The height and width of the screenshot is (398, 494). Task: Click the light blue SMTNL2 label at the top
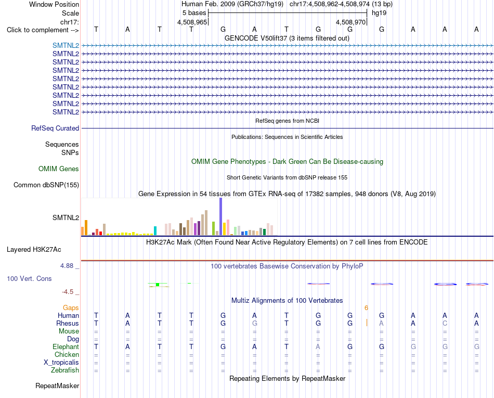(66, 45)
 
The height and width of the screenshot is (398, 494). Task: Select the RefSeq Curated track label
(55, 129)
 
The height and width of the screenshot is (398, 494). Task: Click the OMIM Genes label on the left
(59, 169)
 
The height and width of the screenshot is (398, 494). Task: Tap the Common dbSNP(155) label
(46, 185)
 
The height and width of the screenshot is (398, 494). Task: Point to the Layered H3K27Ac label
(34, 250)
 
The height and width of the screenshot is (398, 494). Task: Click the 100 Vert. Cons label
(29, 278)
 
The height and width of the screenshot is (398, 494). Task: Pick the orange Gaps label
(71, 307)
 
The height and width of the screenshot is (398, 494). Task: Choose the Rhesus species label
(68, 323)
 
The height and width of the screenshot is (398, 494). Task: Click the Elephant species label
(66, 346)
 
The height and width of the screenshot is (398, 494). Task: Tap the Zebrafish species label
(65, 370)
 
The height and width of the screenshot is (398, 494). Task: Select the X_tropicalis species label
(61, 363)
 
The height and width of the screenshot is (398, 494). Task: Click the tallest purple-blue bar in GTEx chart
(221, 216)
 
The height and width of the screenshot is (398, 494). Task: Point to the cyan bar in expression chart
(155, 230)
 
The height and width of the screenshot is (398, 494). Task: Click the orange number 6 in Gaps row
(366, 307)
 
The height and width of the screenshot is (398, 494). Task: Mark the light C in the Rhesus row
(445, 323)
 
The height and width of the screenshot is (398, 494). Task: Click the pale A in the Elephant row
(318, 346)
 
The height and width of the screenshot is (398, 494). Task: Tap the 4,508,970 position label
(350, 22)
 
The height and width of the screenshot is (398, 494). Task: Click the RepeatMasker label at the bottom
(57, 386)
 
